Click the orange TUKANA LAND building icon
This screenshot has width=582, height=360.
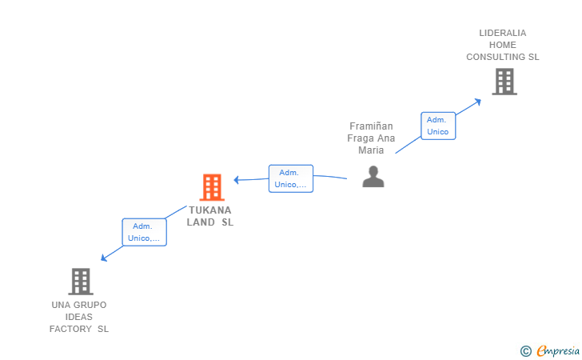[x=212, y=187]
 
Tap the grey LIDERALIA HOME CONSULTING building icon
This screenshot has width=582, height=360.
[x=504, y=81]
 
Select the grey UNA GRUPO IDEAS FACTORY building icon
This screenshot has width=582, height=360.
[x=80, y=281]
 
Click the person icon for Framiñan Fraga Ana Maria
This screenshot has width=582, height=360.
[x=373, y=176]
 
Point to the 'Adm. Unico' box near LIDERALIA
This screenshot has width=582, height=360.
[x=437, y=126]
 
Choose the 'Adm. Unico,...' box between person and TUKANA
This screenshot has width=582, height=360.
[x=290, y=178]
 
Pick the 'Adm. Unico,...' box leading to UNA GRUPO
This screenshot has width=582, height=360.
[x=144, y=232]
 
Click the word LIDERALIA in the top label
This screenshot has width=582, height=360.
[x=503, y=34]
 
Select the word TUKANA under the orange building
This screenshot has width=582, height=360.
[x=210, y=210]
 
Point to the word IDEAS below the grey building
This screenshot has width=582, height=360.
[x=79, y=317]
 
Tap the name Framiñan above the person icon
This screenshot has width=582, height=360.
[x=371, y=126]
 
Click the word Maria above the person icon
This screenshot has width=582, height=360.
[x=371, y=150]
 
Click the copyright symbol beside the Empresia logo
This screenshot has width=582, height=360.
[x=525, y=350]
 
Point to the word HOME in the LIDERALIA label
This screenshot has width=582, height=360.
[x=503, y=45]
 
